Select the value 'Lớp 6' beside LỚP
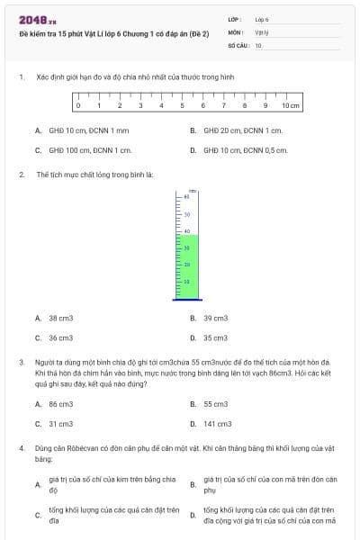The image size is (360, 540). (x=262, y=18)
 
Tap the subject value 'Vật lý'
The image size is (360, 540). (x=262, y=31)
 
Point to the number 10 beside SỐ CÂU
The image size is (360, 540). (x=258, y=44)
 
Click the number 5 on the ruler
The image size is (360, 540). (x=184, y=106)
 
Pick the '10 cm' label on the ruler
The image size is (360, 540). (x=290, y=106)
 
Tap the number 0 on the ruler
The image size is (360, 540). (x=78, y=106)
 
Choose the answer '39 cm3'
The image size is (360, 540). (x=215, y=318)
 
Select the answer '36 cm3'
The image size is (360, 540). (x=60, y=337)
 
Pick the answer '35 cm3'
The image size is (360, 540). (x=215, y=337)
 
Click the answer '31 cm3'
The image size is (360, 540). (x=60, y=424)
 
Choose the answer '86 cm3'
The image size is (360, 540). (x=60, y=404)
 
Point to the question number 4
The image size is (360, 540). (x=22, y=447)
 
